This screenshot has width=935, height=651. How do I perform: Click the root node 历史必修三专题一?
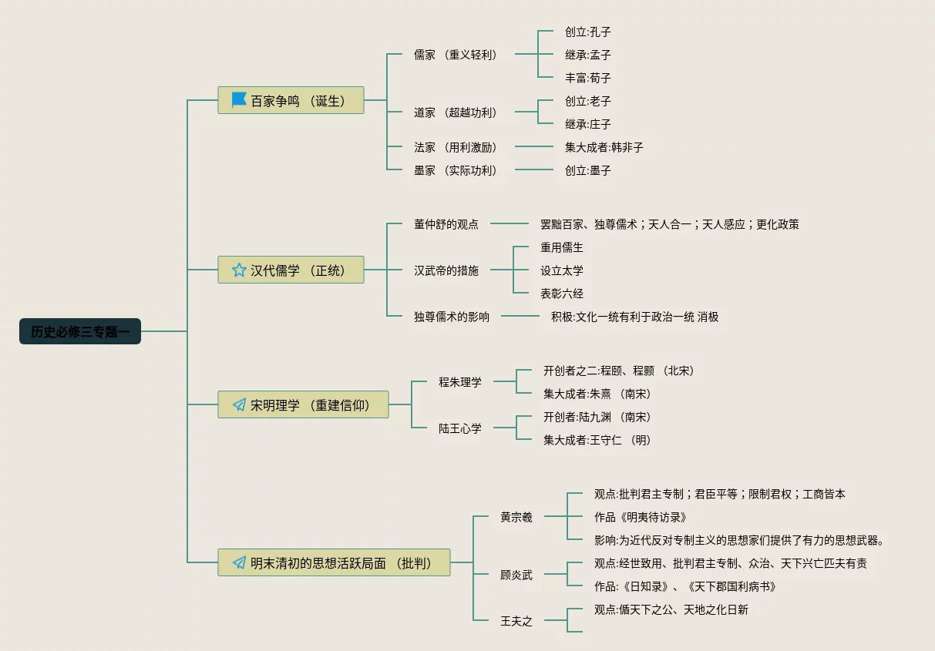click(x=80, y=331)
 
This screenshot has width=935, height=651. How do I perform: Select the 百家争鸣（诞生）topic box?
click(x=291, y=100)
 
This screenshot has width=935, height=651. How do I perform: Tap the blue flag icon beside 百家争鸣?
click(x=239, y=100)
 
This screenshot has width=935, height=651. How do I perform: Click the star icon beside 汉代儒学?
click(x=239, y=270)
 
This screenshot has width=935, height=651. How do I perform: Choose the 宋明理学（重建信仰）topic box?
click(x=303, y=404)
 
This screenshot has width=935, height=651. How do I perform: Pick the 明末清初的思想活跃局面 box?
click(x=334, y=562)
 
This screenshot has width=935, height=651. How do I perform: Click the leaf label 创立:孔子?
click(x=587, y=32)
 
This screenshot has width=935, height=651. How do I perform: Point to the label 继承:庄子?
click(x=587, y=124)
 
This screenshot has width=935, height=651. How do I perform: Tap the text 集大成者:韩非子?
click(x=604, y=147)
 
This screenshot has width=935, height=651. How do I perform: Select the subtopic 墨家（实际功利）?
click(x=455, y=170)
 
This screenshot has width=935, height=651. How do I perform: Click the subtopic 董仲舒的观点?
click(x=446, y=224)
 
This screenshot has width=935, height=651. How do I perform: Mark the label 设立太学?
click(x=561, y=270)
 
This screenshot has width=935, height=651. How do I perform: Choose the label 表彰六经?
click(x=561, y=294)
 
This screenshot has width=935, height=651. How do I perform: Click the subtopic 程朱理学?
click(x=459, y=381)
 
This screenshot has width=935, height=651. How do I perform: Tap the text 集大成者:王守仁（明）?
click(x=597, y=440)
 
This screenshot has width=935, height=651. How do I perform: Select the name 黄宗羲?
click(x=516, y=517)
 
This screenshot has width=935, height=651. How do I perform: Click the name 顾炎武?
click(x=516, y=575)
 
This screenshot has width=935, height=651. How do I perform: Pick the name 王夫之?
click(x=516, y=621)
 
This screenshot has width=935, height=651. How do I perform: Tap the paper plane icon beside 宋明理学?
click(x=239, y=404)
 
